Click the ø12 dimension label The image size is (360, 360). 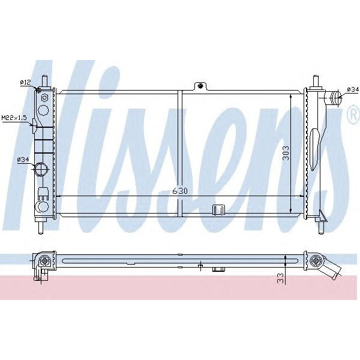(25, 82)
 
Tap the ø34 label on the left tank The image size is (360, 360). (23, 159)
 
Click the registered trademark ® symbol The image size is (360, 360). (352, 116)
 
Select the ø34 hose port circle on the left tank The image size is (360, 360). (42, 170)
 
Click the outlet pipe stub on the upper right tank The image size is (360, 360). (334, 95)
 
